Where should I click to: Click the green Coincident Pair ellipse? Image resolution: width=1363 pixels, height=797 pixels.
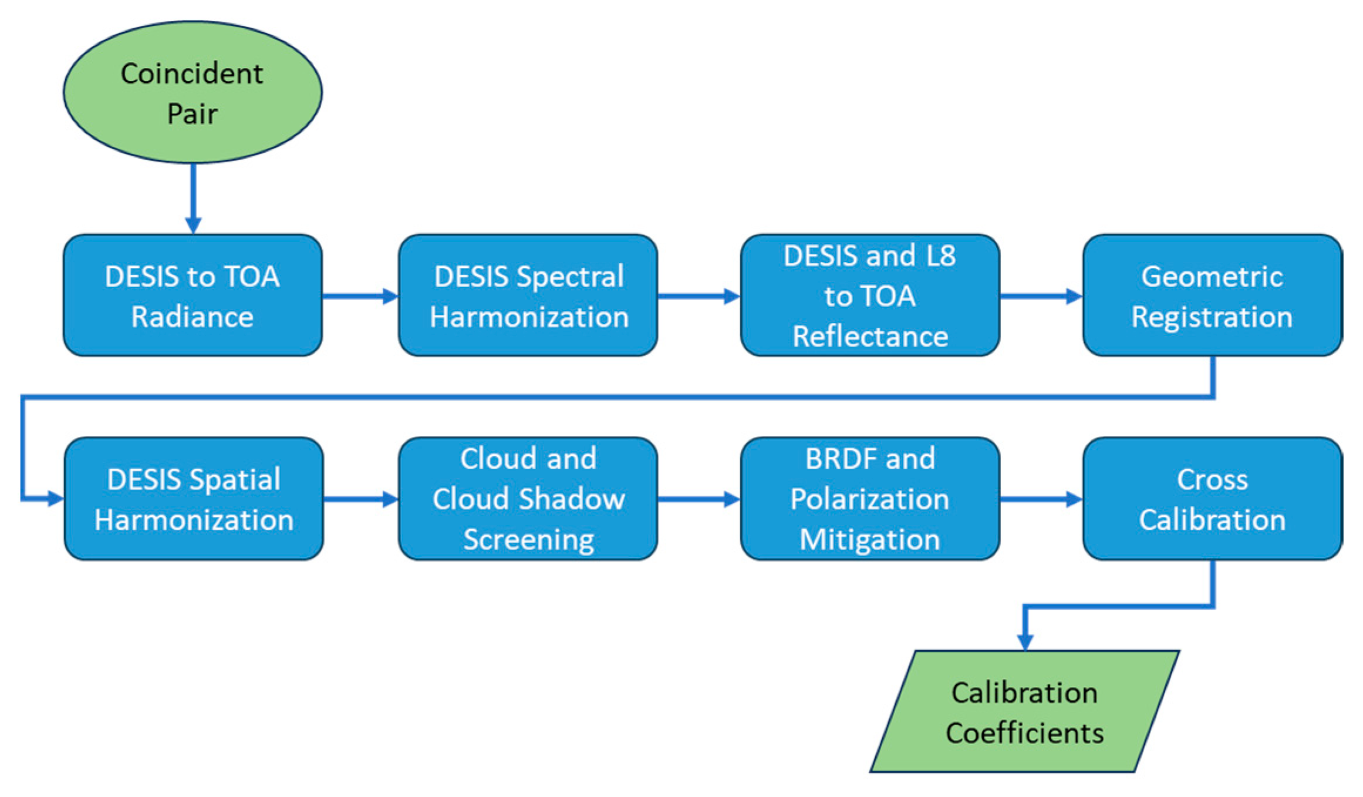tap(193, 92)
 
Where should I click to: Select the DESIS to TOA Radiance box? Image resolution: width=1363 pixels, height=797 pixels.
tap(193, 295)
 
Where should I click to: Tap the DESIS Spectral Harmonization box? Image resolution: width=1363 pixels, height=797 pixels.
tap(528, 295)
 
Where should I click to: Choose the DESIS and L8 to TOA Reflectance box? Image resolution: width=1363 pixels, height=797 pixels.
tap(870, 295)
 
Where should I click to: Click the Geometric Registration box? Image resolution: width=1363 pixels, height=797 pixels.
tap(1212, 295)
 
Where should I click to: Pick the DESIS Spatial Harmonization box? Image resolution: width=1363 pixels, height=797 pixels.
tap(194, 499)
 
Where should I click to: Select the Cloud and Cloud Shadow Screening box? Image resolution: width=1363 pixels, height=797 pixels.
tap(528, 499)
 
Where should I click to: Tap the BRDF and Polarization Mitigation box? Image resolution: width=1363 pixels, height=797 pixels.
tap(870, 499)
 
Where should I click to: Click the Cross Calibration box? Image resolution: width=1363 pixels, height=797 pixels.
tap(1212, 499)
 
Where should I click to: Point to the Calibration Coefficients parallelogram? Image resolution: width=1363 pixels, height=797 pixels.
tap(1024, 711)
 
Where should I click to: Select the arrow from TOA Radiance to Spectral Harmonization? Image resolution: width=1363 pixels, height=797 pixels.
tap(360, 296)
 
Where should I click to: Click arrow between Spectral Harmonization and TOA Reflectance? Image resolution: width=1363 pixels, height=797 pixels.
tap(699, 296)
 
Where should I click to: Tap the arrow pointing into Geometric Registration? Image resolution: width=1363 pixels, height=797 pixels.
tap(1041, 296)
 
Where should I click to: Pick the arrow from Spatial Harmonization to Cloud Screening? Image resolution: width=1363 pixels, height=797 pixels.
tap(360, 499)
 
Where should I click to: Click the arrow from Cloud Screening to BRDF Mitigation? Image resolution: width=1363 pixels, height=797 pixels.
tap(699, 499)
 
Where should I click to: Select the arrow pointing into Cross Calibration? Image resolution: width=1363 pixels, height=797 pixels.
tap(1041, 499)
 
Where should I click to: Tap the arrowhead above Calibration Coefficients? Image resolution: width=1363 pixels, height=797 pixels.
tap(1025, 641)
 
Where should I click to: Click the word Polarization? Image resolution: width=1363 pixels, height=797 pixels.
tap(870, 499)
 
